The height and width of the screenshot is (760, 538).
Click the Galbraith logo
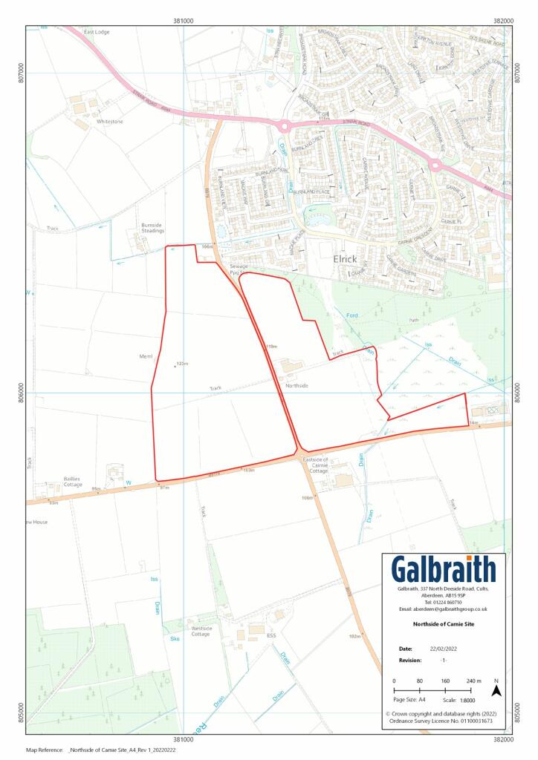[443, 569]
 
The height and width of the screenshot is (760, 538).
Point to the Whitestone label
[109, 121]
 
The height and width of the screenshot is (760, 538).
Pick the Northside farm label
[296, 386]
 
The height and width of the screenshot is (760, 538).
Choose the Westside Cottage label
[201, 632]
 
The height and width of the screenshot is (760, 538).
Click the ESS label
[271, 635]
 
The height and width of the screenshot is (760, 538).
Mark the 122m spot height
[181, 364]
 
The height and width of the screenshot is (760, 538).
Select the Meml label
[146, 356]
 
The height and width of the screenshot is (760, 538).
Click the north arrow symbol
[496, 690]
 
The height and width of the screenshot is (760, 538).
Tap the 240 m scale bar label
[473, 681]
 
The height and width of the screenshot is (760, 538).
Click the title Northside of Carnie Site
[444, 625]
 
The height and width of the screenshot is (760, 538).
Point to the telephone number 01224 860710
[444, 602]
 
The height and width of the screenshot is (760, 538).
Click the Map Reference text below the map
[101, 750]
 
